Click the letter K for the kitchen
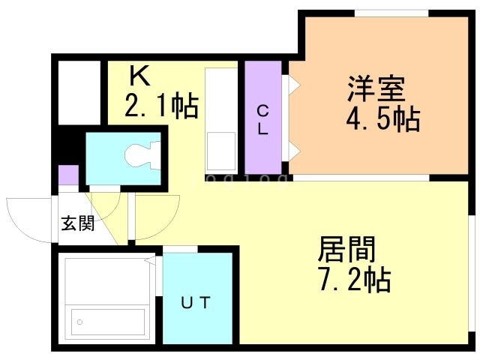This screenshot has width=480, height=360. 139,76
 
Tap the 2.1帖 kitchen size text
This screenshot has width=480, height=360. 162,106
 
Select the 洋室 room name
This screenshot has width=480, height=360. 376,88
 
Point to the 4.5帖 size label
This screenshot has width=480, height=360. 383,119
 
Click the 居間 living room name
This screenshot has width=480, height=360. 346,249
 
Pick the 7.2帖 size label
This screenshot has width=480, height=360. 355,280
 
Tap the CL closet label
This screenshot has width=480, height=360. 262,120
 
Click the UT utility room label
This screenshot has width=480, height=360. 196,303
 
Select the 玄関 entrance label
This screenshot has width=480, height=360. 78,223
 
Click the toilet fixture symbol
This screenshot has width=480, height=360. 142,155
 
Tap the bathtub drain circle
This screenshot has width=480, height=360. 80,322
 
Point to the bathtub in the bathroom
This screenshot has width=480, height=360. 108,322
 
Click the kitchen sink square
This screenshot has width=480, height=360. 221,151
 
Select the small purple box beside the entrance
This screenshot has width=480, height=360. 68,175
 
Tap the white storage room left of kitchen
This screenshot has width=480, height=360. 79,93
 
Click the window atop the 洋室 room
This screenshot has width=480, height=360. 391,13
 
